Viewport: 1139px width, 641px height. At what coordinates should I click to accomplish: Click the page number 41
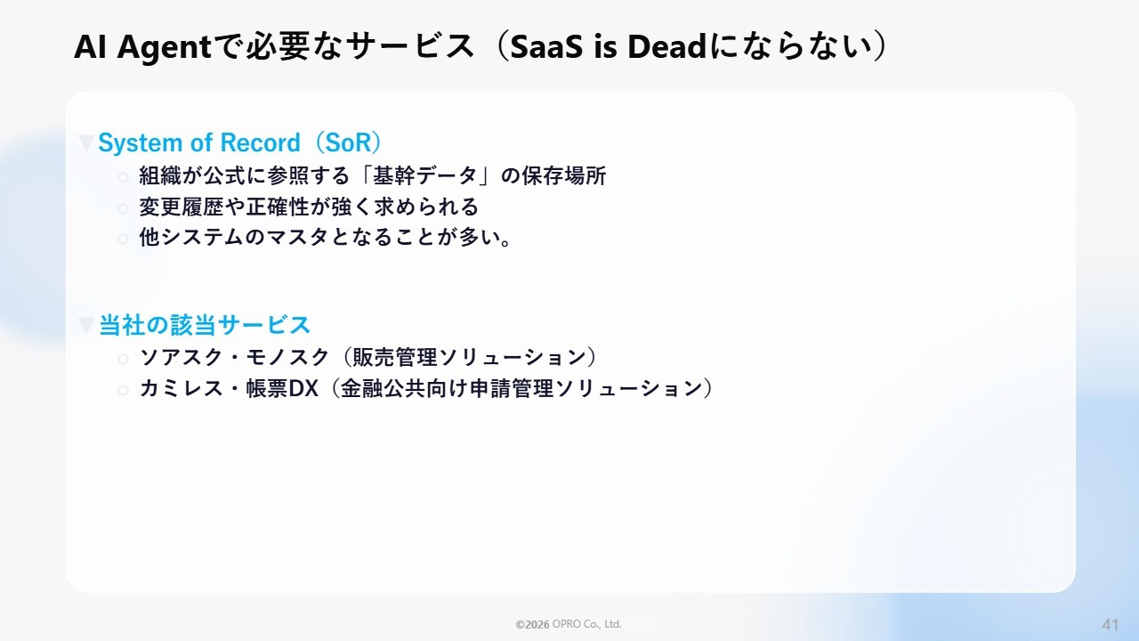click(x=1111, y=624)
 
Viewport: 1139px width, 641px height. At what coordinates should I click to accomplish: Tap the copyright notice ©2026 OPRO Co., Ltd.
click(x=569, y=624)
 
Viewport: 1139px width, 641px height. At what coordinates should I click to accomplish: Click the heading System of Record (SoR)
click(x=240, y=142)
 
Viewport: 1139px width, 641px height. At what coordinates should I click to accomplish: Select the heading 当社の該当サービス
click(x=205, y=325)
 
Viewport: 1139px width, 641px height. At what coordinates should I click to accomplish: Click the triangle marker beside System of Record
click(x=86, y=143)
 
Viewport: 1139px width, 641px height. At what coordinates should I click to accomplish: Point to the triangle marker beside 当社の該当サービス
click(x=86, y=326)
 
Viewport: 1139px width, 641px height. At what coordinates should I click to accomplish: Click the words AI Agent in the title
click(x=142, y=47)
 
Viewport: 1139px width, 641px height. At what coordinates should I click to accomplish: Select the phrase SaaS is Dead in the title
click(x=608, y=47)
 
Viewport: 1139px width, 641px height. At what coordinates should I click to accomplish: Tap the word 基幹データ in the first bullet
click(x=425, y=176)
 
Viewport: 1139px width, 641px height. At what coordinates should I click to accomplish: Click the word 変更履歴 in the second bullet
click(x=182, y=207)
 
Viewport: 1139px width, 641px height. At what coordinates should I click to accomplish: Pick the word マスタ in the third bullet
click(x=297, y=238)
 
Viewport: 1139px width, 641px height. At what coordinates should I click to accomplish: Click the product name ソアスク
click(x=182, y=358)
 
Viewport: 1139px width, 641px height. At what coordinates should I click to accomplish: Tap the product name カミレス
click(x=182, y=389)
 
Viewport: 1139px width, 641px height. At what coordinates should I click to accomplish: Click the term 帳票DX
click(x=282, y=389)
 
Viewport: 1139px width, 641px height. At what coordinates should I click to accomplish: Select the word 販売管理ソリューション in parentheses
click(x=469, y=358)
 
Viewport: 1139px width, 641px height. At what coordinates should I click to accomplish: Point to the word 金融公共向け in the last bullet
click(x=404, y=389)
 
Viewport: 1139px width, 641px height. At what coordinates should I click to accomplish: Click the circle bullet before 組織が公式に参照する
click(x=123, y=177)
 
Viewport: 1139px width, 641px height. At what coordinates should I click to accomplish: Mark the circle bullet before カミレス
click(x=123, y=390)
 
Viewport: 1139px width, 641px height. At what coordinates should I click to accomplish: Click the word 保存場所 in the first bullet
click(x=564, y=176)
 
